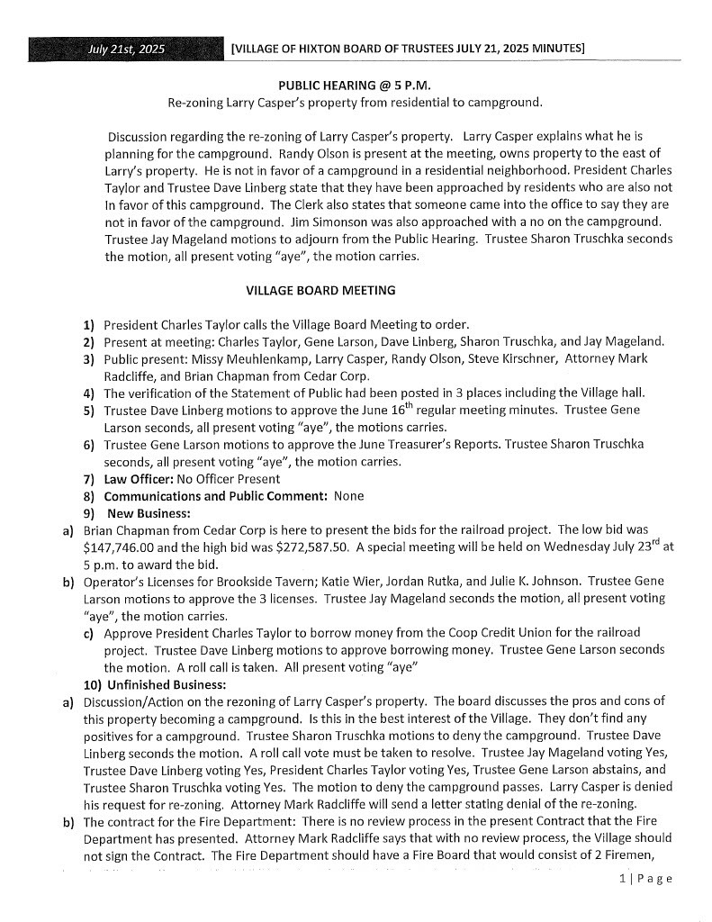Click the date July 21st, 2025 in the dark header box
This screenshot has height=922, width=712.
tap(126, 50)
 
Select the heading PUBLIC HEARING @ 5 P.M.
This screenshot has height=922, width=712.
tap(355, 86)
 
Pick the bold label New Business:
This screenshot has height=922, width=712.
tap(143, 512)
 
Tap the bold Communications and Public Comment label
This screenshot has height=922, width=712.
tap(215, 496)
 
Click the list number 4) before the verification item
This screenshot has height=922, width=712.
tap(89, 393)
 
